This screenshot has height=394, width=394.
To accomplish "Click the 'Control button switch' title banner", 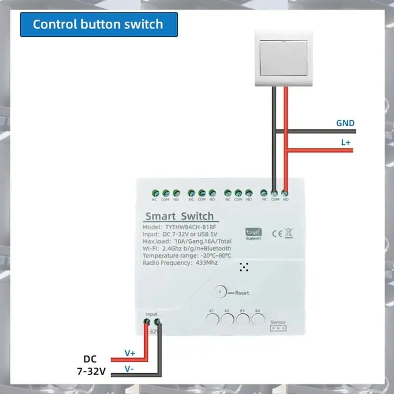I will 98,24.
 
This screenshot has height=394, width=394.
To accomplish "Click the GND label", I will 345,123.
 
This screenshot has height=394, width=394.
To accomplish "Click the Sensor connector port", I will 278,328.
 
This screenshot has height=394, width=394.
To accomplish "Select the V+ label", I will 130,353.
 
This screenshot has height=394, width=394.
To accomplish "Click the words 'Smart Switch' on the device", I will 179,216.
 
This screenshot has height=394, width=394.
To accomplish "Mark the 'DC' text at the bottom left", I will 91,359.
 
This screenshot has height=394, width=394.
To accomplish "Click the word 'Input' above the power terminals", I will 152,314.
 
